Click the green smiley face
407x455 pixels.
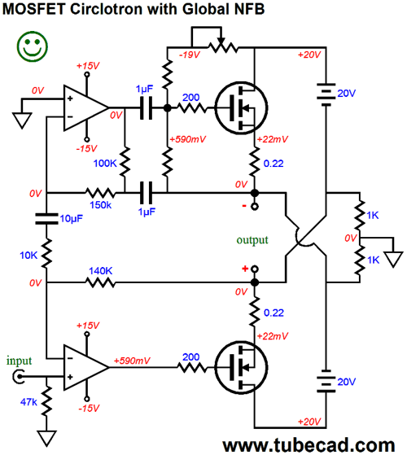33,46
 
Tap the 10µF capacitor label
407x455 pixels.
72,218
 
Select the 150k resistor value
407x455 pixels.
100,205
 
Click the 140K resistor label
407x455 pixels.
100,271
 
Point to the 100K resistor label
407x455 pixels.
105,163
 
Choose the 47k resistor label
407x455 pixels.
28,402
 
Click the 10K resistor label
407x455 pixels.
28,255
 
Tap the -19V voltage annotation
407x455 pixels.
190,55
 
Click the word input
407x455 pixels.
19,361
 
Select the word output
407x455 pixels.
252,240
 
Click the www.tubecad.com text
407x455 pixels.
309,445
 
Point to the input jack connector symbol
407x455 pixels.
18,377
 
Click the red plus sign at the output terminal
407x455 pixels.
245,269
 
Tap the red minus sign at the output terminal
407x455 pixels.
244,206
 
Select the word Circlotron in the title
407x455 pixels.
107,9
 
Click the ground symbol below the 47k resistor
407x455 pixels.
46,439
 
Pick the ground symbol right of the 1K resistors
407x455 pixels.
393,260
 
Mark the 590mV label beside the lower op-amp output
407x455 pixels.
132,361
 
